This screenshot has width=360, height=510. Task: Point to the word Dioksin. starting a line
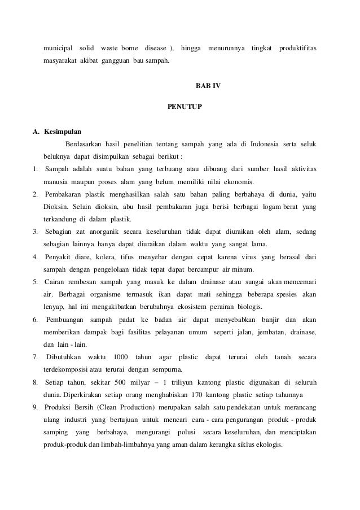point(56,208)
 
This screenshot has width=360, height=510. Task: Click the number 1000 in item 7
point(120,357)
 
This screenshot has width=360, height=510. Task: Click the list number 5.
point(36,281)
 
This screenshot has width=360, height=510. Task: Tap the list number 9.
point(36,407)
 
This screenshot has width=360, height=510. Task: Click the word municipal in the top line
point(59,46)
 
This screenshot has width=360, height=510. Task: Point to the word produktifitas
point(297,46)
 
